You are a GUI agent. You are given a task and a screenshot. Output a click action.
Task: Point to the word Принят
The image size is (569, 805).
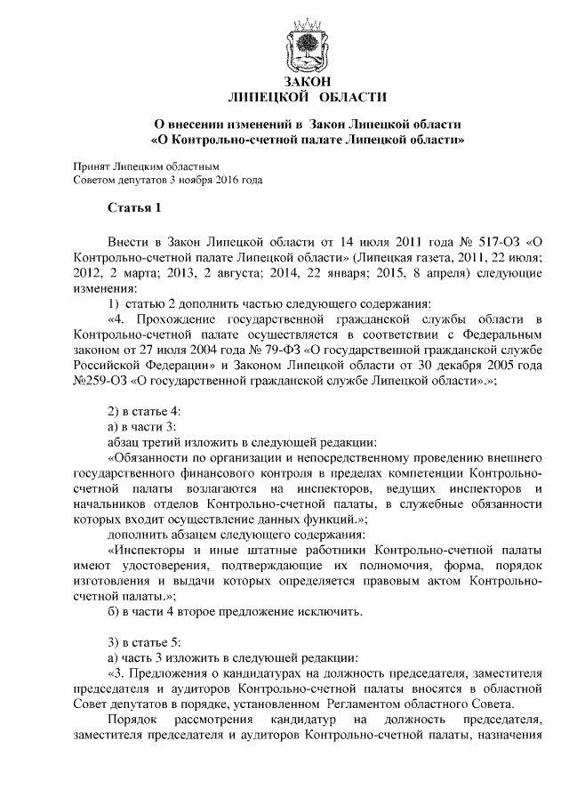point(92,165)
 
